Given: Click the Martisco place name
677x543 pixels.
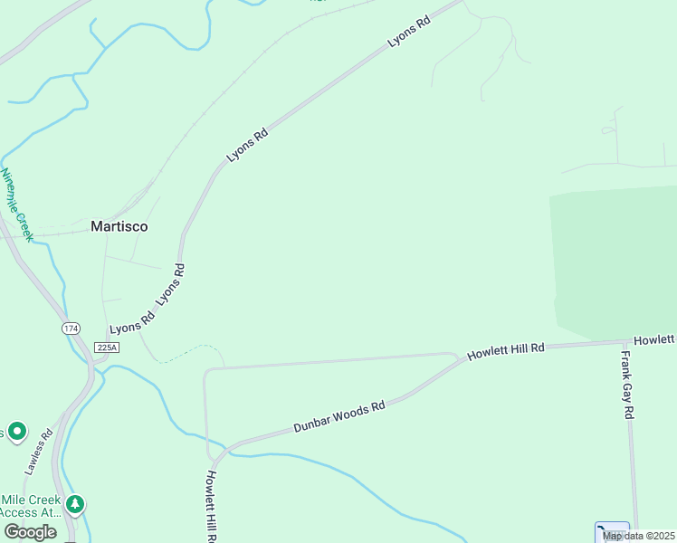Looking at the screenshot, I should [x=119, y=226].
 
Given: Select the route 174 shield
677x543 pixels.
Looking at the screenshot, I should [x=71, y=328].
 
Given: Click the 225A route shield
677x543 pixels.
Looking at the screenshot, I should [x=106, y=348].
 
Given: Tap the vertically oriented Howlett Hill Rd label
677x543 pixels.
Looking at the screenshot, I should [x=211, y=505].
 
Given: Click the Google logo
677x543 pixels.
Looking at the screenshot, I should [x=30, y=532].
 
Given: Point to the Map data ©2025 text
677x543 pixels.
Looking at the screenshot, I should [x=638, y=536].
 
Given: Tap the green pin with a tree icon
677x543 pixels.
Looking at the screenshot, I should [x=76, y=503].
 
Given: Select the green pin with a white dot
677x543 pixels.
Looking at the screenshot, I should [x=17, y=431].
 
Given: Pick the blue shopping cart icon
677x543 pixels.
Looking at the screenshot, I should [x=612, y=531].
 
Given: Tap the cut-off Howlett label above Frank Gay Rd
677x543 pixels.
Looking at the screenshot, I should [x=654, y=339].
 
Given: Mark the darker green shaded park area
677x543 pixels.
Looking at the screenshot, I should [x=615, y=262].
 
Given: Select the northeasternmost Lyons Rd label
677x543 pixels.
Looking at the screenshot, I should [x=408, y=30].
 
